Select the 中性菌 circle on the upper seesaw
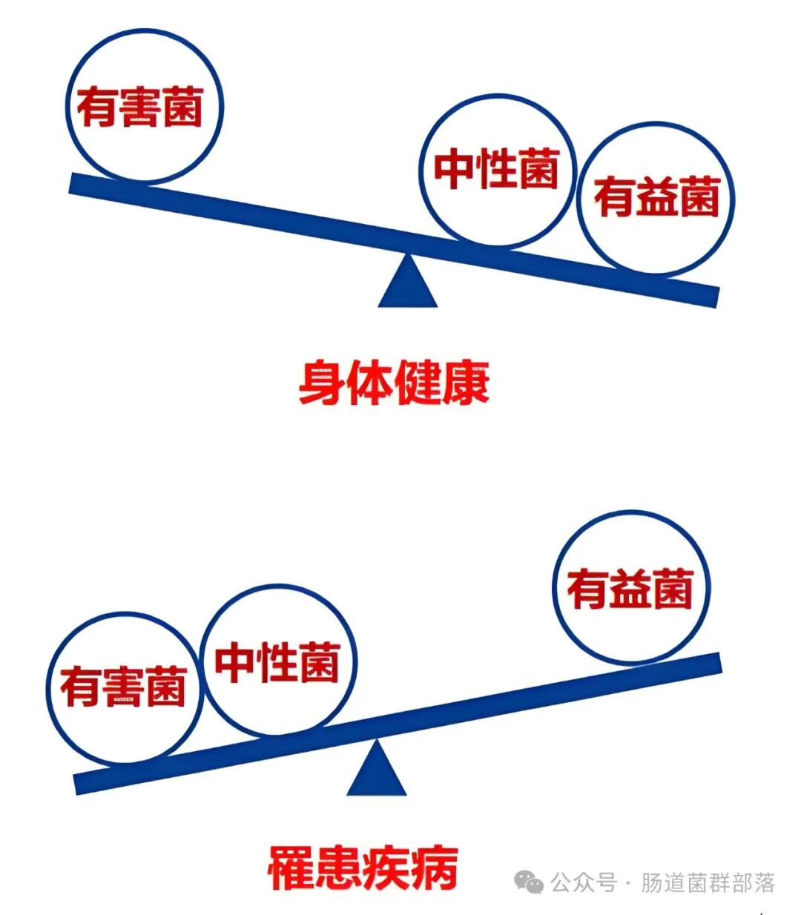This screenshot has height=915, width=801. pos(496,170)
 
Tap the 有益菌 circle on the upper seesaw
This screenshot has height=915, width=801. pos(656,198)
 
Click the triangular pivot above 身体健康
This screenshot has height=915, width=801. pos(407,283)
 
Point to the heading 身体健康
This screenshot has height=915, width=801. pos(394,383)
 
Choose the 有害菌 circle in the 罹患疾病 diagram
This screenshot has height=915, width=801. pos(123,688)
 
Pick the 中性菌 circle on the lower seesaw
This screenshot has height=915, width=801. pos(278,661)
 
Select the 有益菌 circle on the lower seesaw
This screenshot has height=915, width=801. pos(631,588)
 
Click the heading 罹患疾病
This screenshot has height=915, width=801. pos(363,868)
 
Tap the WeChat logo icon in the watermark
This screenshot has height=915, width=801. pos(530,882)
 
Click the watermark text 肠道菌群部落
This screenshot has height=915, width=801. pos(708,883)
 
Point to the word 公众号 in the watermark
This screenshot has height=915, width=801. pos(584,883)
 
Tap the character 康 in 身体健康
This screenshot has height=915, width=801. pos(465,383)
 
